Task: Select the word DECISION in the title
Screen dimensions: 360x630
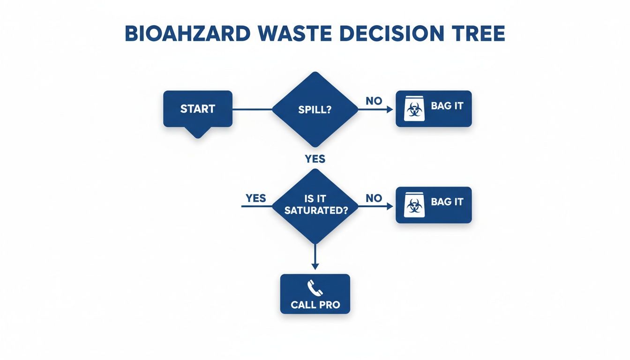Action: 398,34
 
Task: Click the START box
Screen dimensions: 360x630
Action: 197,109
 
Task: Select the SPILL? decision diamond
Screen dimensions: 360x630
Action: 315,110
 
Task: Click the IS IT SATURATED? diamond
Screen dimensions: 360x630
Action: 315,206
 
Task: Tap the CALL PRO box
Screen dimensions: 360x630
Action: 315,294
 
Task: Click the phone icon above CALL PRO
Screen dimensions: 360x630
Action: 315,287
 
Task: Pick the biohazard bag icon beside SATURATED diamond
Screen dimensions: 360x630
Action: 414,205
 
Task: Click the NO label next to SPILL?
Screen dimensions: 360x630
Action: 374,101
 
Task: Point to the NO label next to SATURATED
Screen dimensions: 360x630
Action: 374,198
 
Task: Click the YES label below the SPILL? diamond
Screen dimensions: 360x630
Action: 315,159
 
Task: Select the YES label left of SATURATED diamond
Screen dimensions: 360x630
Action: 256,198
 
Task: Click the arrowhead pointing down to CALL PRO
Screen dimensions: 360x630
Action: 315,266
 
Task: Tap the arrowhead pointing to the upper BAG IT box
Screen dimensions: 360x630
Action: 390,110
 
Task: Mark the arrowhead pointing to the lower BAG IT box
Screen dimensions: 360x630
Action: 390,206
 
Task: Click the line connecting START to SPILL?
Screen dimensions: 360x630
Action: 252,110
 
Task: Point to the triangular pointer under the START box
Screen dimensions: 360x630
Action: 197,132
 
